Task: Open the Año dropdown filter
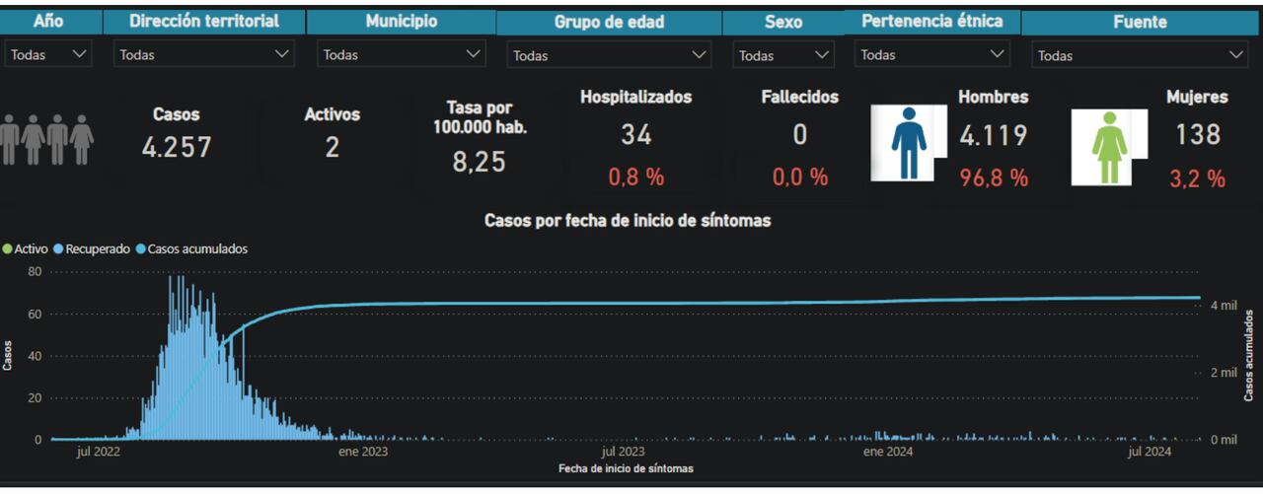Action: (48, 55)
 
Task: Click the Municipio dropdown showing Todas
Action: (402, 55)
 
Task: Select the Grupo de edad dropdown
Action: (609, 56)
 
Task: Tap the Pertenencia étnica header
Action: (931, 21)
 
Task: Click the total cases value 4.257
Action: (176, 147)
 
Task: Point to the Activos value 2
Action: (332, 147)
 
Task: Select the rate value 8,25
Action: (479, 163)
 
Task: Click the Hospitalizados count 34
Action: (635, 135)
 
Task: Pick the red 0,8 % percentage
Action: (635, 177)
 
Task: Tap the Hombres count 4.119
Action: (993, 135)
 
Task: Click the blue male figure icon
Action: (908, 142)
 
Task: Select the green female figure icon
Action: (1108, 147)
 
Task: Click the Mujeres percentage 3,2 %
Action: (1197, 178)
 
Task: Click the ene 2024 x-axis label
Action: (887, 452)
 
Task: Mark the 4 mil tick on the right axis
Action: (1224, 306)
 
